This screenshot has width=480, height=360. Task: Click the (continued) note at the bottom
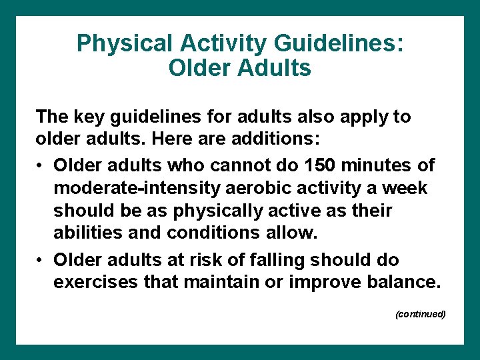(x=420, y=313)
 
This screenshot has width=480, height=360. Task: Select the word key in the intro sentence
(x=83, y=117)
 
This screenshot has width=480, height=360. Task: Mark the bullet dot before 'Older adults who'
(x=41, y=165)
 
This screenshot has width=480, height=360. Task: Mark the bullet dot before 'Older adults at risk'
(x=41, y=259)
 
